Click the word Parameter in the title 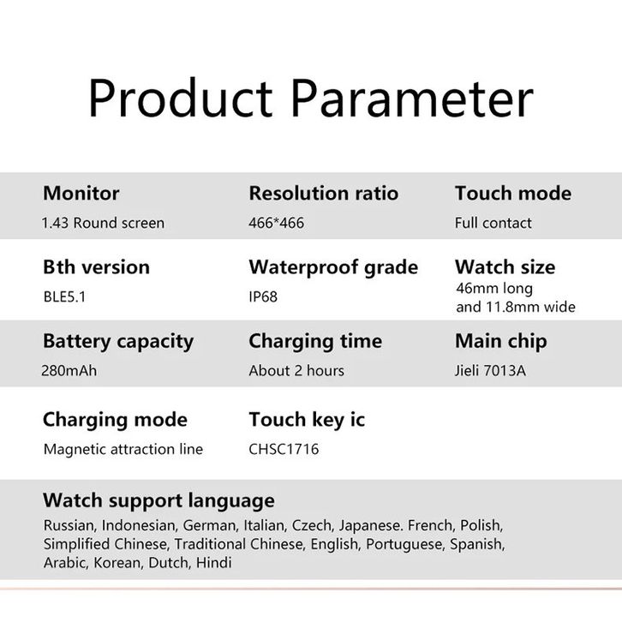[x=412, y=98]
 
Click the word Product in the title [x=180, y=98]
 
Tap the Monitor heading [x=81, y=193]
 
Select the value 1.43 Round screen [x=103, y=223]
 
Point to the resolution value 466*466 [x=277, y=223]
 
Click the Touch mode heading [x=513, y=193]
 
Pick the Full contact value [x=493, y=223]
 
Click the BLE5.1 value [x=64, y=296]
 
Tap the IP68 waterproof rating [x=263, y=296]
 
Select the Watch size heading [x=505, y=267]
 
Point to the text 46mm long [x=494, y=289]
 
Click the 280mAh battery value [x=69, y=370]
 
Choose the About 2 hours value [x=296, y=370]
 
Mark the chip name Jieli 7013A [x=491, y=370]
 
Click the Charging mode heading [x=115, y=420]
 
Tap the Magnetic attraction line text [x=123, y=449]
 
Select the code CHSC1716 [x=284, y=449]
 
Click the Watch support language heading [x=158, y=500]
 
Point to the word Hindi [x=214, y=563]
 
